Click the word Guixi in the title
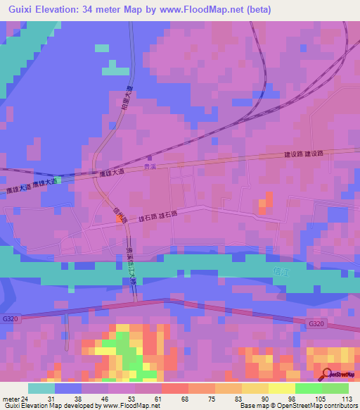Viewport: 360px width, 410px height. [x=22, y=10]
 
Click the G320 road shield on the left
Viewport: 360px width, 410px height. [x=10, y=318]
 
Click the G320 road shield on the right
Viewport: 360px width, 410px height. [x=316, y=323]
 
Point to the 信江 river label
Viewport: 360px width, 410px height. [x=279, y=270]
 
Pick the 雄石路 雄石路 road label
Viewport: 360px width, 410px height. [x=162, y=217]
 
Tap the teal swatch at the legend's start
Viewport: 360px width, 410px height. [x=41, y=388]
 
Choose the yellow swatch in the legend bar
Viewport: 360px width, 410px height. [x=255, y=388]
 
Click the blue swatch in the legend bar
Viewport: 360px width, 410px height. [x=68, y=388]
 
